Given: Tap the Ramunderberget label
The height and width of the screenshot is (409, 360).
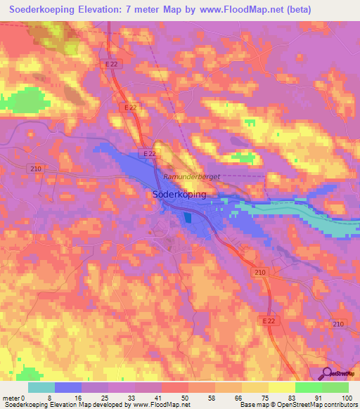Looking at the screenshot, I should pyautogui.click(x=191, y=178).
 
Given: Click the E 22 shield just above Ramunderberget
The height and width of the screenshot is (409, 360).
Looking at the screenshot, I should pyautogui.click(x=148, y=154).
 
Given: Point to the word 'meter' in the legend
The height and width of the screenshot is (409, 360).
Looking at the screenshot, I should pyautogui.click(x=11, y=397).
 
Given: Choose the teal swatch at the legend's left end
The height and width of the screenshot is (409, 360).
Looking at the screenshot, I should pyautogui.click(x=41, y=387).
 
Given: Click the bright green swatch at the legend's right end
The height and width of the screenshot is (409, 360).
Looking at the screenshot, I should pyautogui.click(x=335, y=387).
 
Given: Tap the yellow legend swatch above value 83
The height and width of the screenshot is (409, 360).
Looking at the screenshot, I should pyautogui.click(x=282, y=387).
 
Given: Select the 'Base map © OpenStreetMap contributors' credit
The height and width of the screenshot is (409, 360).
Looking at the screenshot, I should pyautogui.click(x=297, y=405).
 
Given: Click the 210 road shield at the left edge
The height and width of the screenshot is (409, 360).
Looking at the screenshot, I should pyautogui.click(x=37, y=168).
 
